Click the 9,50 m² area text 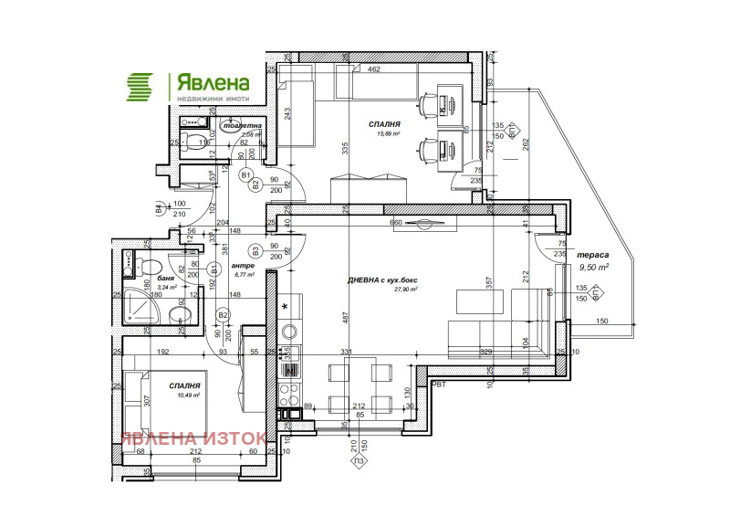coord(593,269)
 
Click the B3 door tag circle coord(256,249)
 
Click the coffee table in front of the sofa coord(473,300)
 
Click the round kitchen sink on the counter coord(289,332)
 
